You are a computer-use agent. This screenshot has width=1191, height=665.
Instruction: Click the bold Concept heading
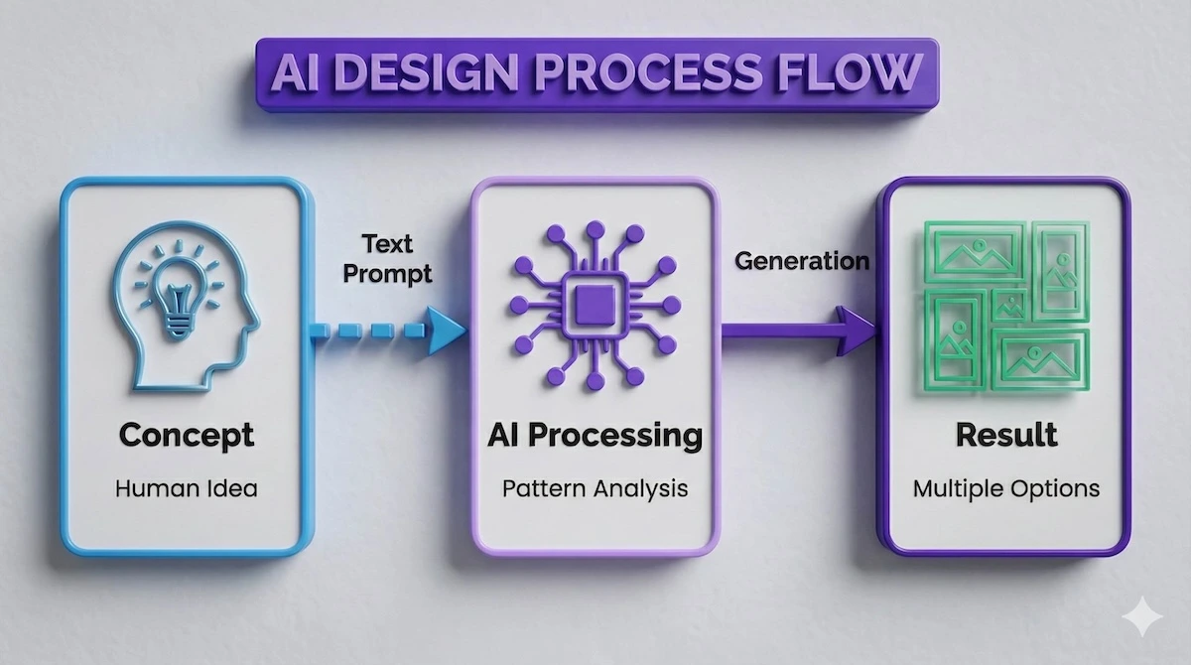click(187, 435)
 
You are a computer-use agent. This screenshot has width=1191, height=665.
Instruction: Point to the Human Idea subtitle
click(187, 488)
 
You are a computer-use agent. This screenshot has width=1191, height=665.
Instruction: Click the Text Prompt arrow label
click(387, 258)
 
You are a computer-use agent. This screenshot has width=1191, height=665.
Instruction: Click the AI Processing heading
click(595, 435)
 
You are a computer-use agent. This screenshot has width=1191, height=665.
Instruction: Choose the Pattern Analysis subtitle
click(595, 488)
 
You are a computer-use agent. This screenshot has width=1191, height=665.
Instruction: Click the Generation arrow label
click(802, 261)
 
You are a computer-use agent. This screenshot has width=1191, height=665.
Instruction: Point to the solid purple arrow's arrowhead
click(856, 331)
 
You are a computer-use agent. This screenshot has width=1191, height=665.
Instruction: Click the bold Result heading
click(1005, 435)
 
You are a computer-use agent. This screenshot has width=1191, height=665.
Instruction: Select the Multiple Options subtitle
click(1005, 488)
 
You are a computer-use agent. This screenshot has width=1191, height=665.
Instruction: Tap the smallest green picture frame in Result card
click(1009, 305)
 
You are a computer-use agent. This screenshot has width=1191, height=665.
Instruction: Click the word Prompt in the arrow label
click(387, 273)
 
